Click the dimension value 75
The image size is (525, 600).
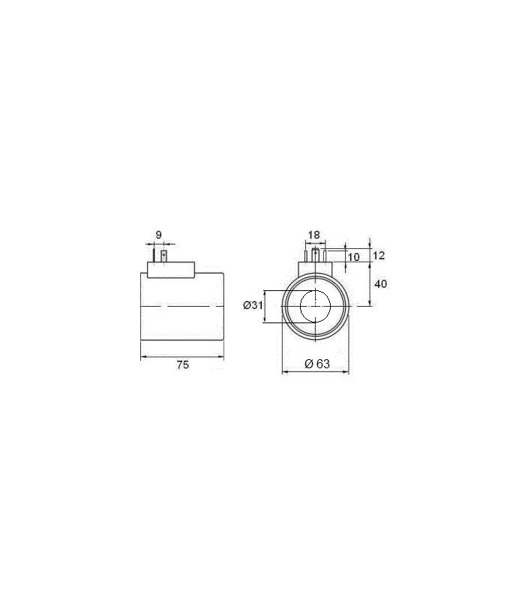[x=183, y=364]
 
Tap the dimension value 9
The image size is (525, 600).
[x=159, y=235]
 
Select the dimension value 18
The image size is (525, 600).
[x=313, y=235]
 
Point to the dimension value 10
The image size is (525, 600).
[x=354, y=257]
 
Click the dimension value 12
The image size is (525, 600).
[x=379, y=255]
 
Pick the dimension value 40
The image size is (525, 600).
[x=380, y=283]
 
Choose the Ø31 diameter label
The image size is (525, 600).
[x=253, y=305]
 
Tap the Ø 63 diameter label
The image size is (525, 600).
[x=317, y=364]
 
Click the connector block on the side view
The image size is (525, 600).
[x=171, y=270]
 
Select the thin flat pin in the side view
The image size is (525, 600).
[x=154, y=256]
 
